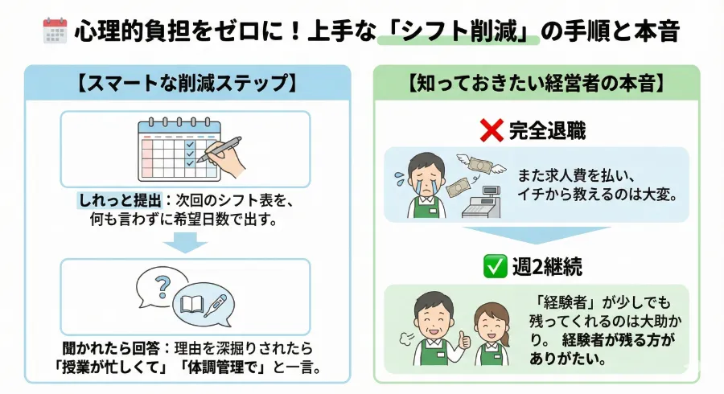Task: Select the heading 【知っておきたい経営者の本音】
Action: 537,83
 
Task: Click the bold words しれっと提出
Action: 110,199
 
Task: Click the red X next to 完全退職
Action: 491,129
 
